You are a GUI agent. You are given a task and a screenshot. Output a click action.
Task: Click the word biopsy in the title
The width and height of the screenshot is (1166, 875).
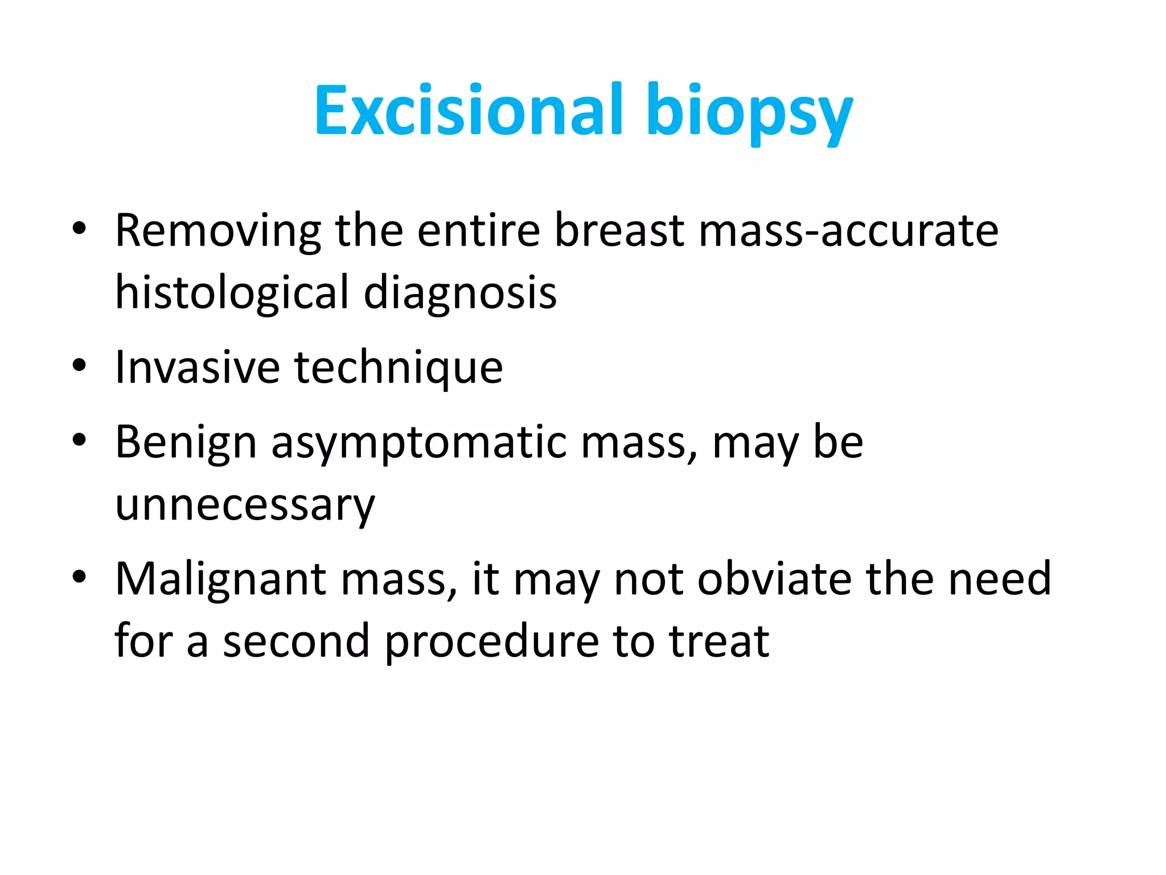[x=749, y=112]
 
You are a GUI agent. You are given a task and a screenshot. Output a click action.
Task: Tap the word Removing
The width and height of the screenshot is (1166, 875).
[x=217, y=231]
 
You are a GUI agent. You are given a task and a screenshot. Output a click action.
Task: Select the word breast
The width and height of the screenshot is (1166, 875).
[x=619, y=230]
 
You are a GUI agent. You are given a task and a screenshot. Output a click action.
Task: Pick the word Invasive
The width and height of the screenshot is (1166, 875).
[x=197, y=367]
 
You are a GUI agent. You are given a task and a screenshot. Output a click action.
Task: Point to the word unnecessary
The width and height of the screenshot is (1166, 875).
[x=245, y=506]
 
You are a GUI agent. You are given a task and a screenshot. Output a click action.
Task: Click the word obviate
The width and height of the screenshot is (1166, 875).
[x=774, y=579]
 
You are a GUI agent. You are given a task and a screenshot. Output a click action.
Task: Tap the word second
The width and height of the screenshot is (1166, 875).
[x=295, y=641]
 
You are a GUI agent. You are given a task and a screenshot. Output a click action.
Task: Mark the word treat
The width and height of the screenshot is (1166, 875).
[x=719, y=641]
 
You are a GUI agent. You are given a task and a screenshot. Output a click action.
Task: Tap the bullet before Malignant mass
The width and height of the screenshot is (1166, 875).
[x=79, y=576]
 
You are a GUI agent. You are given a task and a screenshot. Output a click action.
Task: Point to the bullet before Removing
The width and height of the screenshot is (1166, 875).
[x=79, y=228]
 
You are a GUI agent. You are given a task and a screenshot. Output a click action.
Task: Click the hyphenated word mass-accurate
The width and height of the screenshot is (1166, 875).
[x=848, y=231]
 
